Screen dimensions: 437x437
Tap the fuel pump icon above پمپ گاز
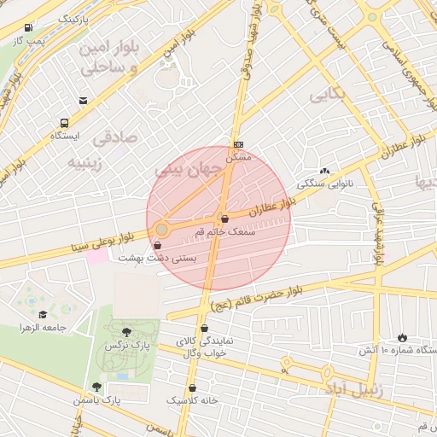pyautogui.click(x=30, y=27)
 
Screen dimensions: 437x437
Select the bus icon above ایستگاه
pyautogui.click(x=65, y=123)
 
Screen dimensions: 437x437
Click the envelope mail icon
pyautogui.click(x=83, y=101)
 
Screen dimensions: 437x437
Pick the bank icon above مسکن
pyautogui.click(x=238, y=144)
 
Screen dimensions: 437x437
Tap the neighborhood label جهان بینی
pyautogui.click(x=180, y=171)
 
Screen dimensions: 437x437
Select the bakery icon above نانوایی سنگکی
pyautogui.click(x=324, y=171)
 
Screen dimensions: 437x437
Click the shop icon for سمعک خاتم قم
pyautogui.click(x=224, y=218)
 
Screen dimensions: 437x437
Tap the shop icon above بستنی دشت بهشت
pyautogui.click(x=157, y=245)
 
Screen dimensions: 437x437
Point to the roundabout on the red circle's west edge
pyautogui.click(x=161, y=229)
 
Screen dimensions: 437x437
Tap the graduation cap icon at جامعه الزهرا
pyautogui.click(x=42, y=314)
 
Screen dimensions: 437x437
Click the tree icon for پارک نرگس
pyautogui.click(x=127, y=332)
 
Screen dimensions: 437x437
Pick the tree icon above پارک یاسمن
pyautogui.click(x=108, y=387)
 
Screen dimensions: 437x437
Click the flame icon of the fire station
pyautogui.click(x=402, y=337)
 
